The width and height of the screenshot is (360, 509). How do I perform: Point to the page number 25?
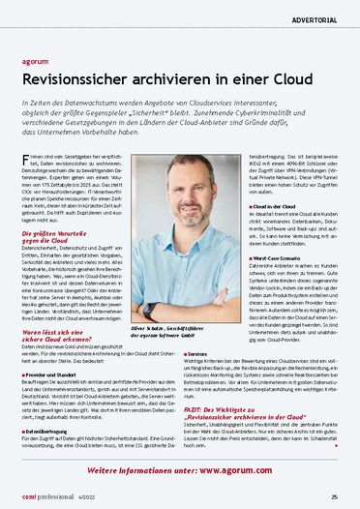[332, 495]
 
